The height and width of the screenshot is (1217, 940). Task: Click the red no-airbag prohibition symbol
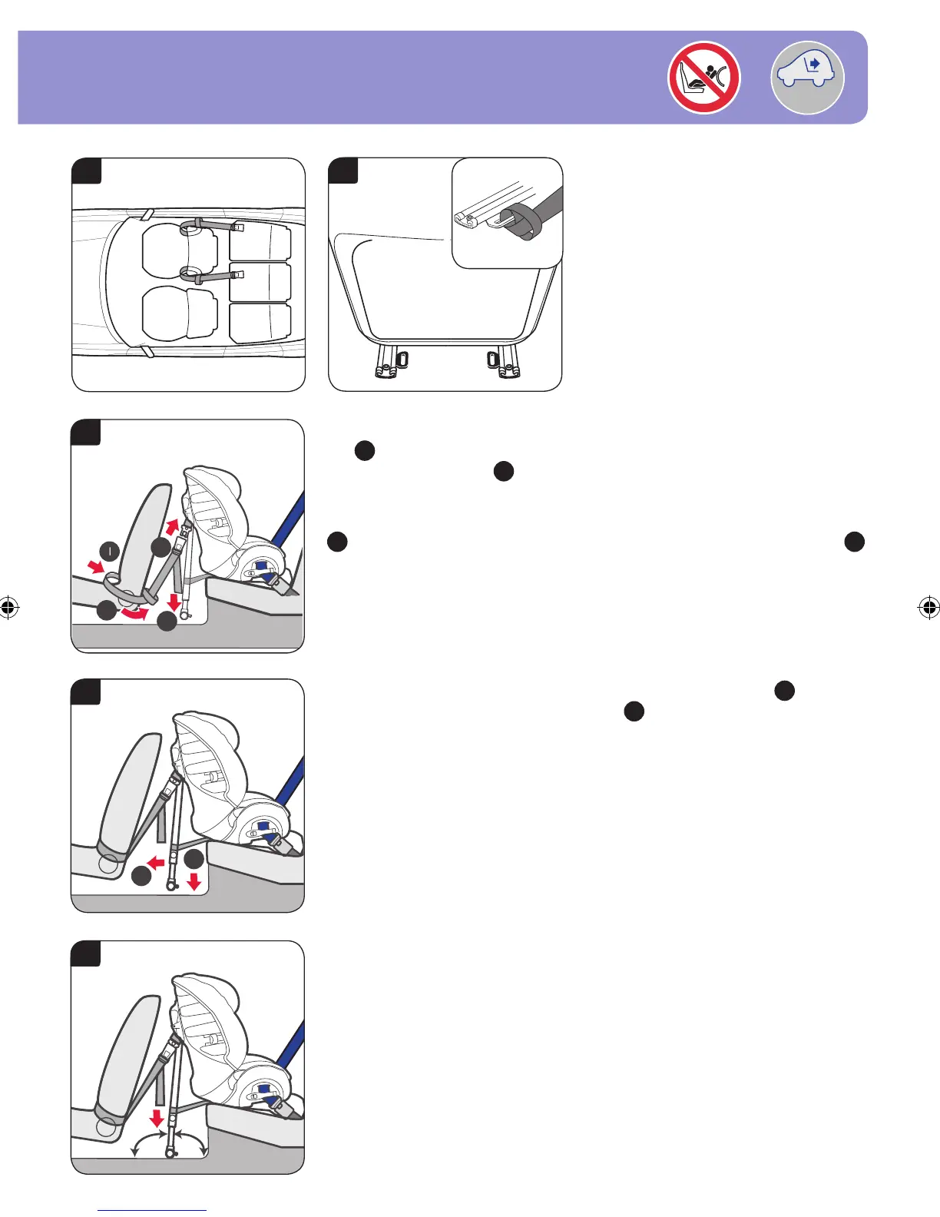(703, 78)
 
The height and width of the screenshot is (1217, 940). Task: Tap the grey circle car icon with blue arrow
(807, 78)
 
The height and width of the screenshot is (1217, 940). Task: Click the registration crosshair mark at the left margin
(9, 608)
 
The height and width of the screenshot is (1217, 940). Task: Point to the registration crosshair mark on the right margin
(928, 608)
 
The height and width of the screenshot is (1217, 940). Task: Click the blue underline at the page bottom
(152, 1211)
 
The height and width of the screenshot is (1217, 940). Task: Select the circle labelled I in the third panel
(110, 551)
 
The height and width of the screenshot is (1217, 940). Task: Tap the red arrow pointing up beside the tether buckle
(173, 527)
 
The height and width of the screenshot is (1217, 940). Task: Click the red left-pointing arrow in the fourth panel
(157, 863)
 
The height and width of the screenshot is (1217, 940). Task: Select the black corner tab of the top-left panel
(87, 170)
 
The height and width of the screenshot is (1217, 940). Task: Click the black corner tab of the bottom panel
(86, 953)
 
